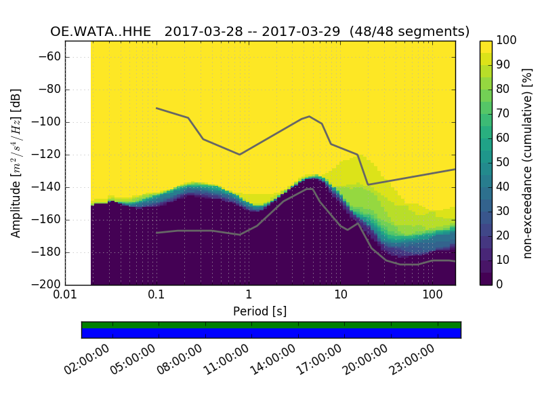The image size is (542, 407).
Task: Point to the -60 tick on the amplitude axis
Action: click(52, 57)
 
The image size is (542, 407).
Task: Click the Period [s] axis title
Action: click(260, 311)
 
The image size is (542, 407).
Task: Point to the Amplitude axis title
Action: click(16, 163)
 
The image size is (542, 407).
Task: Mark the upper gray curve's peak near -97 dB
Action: click(309, 117)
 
